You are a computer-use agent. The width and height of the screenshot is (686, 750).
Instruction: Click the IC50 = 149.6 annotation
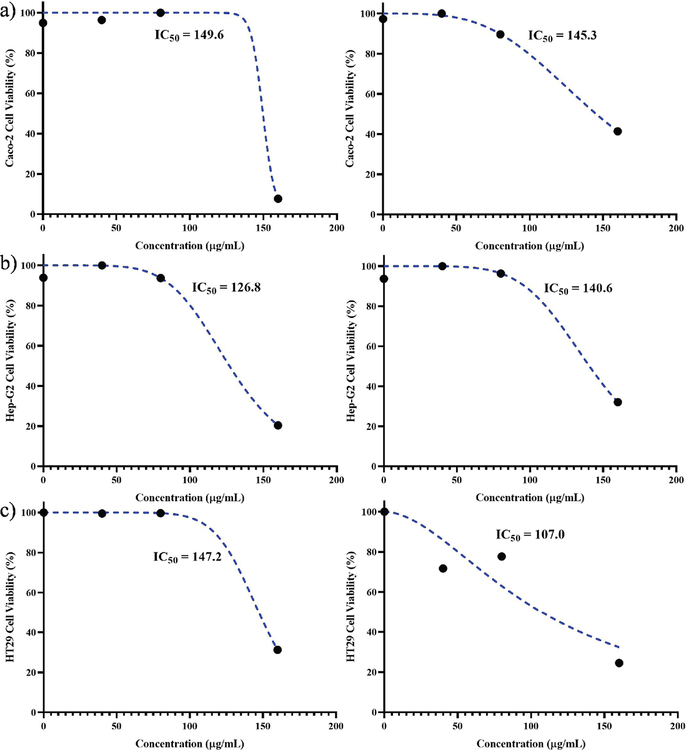click(x=189, y=35)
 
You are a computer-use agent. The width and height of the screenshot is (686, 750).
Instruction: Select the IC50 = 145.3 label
click(x=562, y=36)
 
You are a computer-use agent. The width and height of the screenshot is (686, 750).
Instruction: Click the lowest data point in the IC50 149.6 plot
click(x=278, y=199)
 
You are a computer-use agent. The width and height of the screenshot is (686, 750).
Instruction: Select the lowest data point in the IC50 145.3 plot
click(x=617, y=131)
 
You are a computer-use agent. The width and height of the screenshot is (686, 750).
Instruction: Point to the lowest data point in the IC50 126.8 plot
click(x=278, y=426)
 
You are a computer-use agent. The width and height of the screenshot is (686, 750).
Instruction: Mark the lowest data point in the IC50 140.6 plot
click(x=617, y=402)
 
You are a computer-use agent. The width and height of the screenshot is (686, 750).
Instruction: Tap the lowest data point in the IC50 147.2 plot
click(x=278, y=650)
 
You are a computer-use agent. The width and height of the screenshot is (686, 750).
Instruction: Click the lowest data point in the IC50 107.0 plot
click(x=619, y=663)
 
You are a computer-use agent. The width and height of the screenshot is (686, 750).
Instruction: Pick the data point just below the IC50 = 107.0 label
click(x=501, y=556)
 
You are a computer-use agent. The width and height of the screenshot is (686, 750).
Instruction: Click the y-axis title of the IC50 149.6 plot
click(x=11, y=114)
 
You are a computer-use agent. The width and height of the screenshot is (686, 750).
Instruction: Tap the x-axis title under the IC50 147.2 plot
click(x=189, y=744)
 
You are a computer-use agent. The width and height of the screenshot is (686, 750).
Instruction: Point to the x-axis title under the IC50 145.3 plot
click(x=529, y=246)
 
